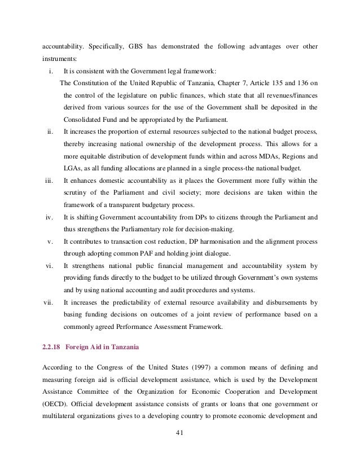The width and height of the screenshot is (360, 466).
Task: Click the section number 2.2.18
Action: tap(52, 348)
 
